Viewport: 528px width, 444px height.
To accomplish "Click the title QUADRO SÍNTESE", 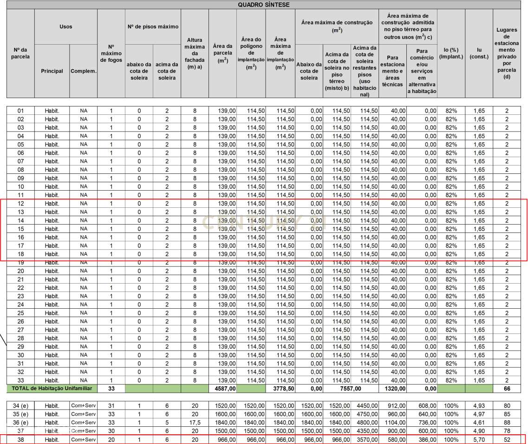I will pos(263,5).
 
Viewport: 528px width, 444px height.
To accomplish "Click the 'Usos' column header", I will pos(66,27).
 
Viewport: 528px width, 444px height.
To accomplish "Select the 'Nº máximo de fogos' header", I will pos(111,53).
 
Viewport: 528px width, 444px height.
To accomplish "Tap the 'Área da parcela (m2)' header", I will pos(222,53).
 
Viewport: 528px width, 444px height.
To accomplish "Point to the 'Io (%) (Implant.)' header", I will pos(450,53).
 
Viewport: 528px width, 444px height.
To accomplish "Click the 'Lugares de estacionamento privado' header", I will pos(507,53).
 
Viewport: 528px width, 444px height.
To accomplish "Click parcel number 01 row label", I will pos(20,111).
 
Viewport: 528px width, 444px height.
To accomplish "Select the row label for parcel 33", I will pos(20,380).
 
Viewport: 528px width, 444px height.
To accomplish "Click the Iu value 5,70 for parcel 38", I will pos(478,439).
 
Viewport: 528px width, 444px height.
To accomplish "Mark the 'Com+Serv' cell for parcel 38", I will pos(84,439).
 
